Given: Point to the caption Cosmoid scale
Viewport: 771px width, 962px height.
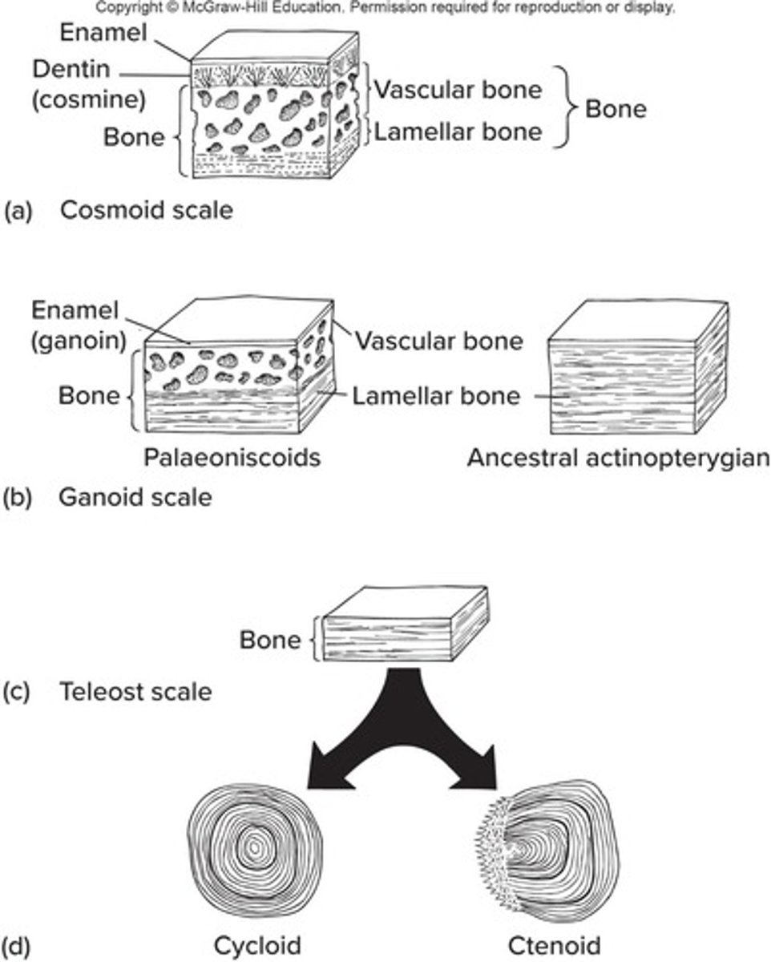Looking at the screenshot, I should [147, 211].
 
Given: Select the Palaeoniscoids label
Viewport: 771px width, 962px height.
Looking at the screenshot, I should [232, 458].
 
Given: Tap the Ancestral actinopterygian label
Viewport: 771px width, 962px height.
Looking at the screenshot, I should [618, 458].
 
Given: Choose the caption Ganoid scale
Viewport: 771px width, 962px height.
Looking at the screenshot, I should [136, 497].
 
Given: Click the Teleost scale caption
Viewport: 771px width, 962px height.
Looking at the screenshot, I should [136, 692].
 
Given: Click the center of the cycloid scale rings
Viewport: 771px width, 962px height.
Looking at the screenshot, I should [255, 846].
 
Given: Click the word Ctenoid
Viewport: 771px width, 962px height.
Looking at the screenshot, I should [554, 946].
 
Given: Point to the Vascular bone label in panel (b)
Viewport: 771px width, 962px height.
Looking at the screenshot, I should [439, 341].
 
